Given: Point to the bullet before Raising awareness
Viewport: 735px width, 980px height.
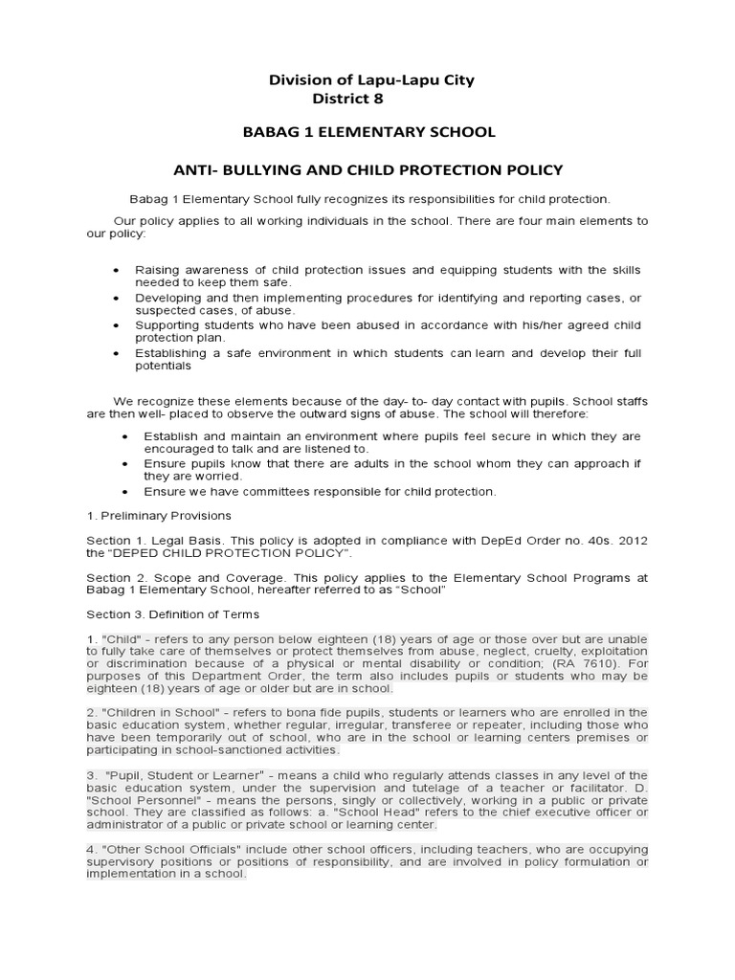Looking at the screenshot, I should [117, 271].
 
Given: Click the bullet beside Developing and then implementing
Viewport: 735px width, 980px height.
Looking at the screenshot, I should [117, 299].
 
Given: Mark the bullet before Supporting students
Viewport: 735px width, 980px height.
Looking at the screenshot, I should [117, 325].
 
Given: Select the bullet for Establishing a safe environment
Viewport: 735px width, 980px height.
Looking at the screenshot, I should [117, 353].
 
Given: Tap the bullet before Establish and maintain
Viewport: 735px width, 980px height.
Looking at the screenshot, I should [126, 436].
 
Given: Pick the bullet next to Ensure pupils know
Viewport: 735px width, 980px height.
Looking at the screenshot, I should [126, 464].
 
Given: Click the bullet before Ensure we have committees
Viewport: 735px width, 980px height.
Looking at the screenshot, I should [126, 492].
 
